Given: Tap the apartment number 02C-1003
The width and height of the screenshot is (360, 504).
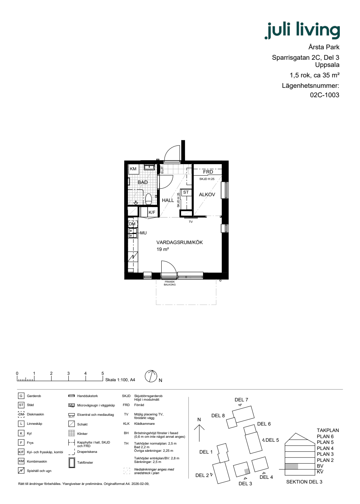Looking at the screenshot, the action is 324,95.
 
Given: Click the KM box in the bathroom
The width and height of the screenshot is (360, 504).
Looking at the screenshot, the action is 133,169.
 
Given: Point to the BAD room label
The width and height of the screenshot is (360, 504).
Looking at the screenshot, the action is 143,182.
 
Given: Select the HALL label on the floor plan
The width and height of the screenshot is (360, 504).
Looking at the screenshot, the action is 168,200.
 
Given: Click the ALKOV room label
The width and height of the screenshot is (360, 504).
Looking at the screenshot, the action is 207,195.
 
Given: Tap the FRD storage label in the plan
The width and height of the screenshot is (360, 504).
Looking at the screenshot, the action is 208,172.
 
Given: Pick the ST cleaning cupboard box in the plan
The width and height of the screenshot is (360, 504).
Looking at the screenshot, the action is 186,192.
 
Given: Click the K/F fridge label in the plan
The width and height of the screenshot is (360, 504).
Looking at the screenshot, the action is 152,212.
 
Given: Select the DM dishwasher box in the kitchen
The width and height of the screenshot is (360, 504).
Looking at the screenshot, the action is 132,224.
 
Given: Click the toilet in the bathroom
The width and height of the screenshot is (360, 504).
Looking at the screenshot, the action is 148,199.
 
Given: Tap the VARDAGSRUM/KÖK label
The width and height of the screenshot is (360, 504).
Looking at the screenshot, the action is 180,243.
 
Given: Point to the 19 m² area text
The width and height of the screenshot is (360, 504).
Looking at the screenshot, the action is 163,249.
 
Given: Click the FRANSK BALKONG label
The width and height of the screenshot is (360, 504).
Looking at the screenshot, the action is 170,283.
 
